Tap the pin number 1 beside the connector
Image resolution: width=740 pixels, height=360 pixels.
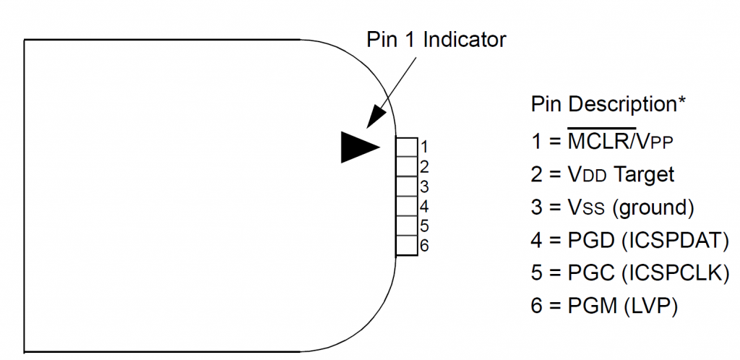(x=424, y=146)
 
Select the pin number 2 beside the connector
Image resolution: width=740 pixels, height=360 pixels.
(x=424, y=166)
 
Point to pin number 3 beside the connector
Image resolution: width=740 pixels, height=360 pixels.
(x=424, y=187)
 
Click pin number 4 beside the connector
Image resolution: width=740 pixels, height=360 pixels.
(x=424, y=206)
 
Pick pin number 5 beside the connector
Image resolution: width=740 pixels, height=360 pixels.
(x=424, y=226)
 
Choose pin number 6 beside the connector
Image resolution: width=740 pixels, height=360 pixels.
(x=424, y=246)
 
